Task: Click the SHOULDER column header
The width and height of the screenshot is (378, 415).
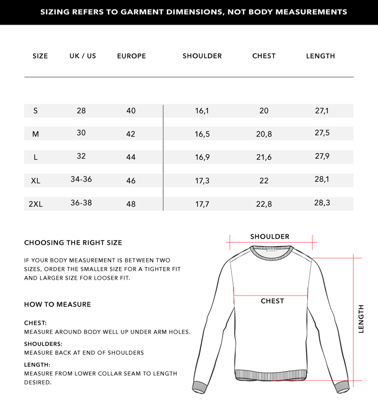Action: (x=202, y=56)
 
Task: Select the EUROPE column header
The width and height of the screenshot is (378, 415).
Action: (x=131, y=56)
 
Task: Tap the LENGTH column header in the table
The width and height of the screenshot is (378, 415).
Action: (x=320, y=56)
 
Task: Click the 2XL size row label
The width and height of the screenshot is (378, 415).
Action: (x=36, y=204)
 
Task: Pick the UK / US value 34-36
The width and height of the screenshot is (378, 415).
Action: (x=81, y=180)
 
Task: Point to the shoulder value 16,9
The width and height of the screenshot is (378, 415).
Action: (x=202, y=157)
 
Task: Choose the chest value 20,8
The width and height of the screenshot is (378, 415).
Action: (x=264, y=134)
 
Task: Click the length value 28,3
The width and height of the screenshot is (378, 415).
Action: (x=322, y=203)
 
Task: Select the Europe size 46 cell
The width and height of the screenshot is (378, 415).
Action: (x=131, y=181)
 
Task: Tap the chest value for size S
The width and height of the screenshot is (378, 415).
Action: (x=264, y=111)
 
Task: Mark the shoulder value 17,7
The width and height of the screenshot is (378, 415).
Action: (x=202, y=204)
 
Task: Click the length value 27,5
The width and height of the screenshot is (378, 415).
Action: (x=322, y=133)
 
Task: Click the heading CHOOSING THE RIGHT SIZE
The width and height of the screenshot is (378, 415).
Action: (x=73, y=243)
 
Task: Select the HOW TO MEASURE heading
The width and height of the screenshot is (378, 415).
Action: (x=57, y=304)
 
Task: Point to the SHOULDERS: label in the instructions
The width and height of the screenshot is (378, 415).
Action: (x=43, y=344)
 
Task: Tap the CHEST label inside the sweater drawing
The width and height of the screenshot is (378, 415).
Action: (x=272, y=301)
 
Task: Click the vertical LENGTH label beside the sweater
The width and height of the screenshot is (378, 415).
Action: (x=361, y=319)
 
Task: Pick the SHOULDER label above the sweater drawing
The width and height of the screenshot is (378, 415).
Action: (x=270, y=236)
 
